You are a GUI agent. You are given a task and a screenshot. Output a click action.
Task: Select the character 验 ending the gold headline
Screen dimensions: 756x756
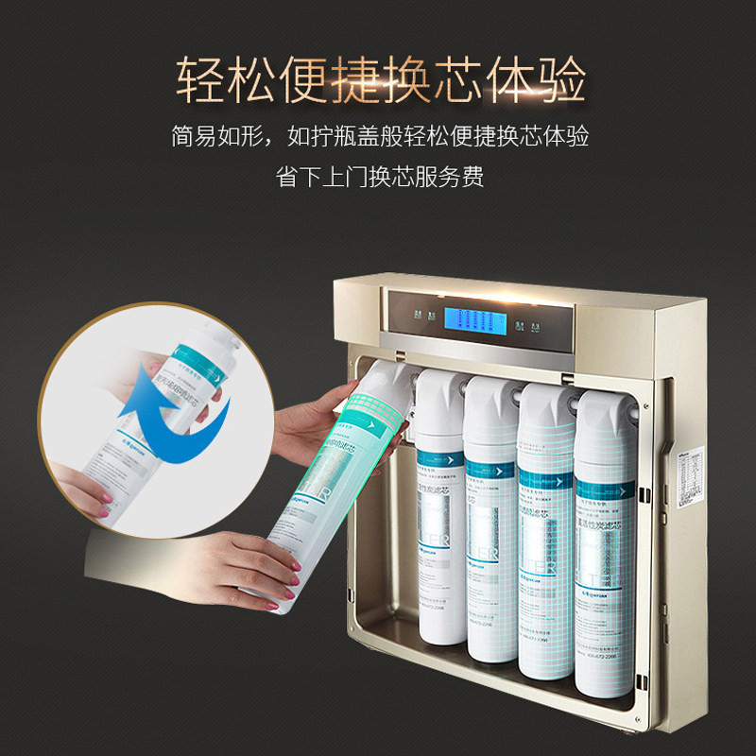click(x=559, y=78)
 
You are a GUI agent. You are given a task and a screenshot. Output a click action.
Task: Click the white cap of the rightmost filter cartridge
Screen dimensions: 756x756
click(x=604, y=403)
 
